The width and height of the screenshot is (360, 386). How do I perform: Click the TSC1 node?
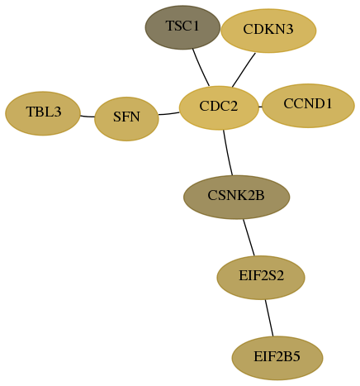(x=182, y=27)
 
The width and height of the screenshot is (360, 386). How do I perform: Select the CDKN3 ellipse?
(x=268, y=31)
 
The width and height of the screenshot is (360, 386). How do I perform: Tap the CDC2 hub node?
(x=219, y=107)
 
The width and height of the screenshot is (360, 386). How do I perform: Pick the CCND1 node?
(x=308, y=106)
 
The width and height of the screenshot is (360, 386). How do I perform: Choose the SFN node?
(x=126, y=119)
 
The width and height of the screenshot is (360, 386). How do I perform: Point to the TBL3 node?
(x=43, y=113)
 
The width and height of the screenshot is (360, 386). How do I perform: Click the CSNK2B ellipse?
(x=236, y=197)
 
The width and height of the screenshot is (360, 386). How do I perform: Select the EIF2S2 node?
(x=261, y=278)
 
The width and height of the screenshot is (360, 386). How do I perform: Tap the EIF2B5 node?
(x=277, y=358)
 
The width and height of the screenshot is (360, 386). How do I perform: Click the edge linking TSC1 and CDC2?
(x=201, y=68)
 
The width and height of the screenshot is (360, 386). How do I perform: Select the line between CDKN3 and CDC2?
(x=244, y=70)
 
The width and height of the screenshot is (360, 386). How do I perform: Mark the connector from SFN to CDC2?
(x=169, y=113)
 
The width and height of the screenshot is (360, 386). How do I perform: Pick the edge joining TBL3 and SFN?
(x=88, y=117)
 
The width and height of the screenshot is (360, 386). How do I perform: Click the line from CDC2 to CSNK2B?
(x=227, y=153)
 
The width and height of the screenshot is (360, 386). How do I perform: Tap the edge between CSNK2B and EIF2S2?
(x=249, y=237)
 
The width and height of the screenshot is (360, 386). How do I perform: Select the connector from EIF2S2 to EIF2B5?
(x=269, y=318)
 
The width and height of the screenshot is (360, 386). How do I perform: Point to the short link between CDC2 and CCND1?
(x=260, y=107)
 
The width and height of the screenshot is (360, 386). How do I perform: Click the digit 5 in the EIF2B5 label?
(x=296, y=356)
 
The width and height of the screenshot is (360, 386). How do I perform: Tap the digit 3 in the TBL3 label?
(x=58, y=112)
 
